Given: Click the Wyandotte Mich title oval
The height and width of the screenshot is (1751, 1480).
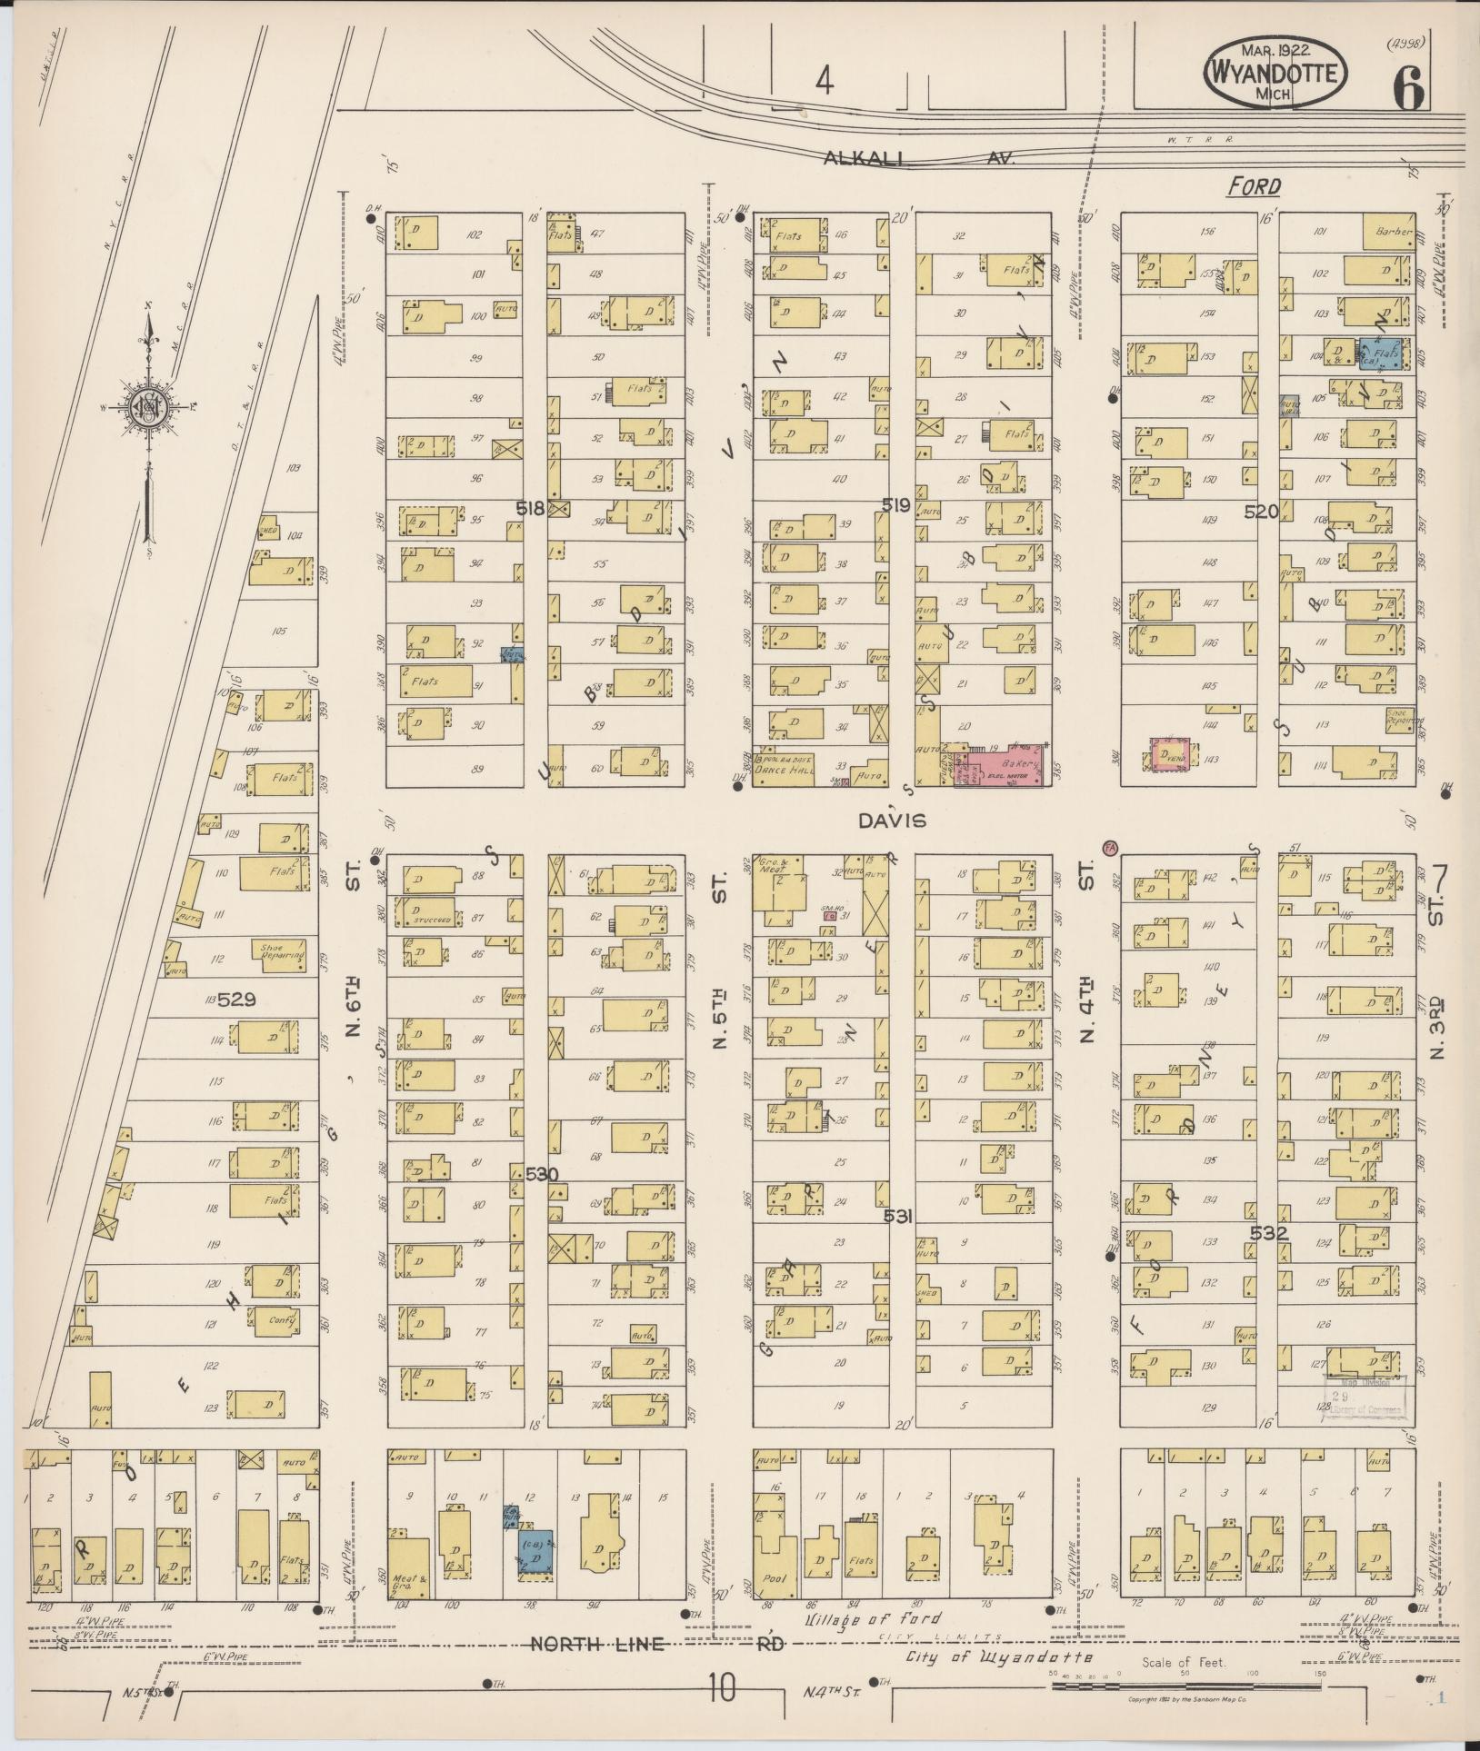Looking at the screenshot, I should point(1276,73).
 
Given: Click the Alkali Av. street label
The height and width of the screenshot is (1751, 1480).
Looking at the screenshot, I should point(919,158).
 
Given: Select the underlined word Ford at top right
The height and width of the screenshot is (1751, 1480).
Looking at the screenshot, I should point(1254,186).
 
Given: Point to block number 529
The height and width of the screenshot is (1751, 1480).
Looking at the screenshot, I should point(231,1000).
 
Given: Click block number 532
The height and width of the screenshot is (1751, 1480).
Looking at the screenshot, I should point(1268,1233).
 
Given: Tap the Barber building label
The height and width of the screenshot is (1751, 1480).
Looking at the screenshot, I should point(1389,232).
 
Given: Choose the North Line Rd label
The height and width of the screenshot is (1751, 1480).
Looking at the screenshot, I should point(655,1644).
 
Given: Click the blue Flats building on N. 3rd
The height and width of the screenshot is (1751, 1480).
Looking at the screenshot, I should point(1380,354).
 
